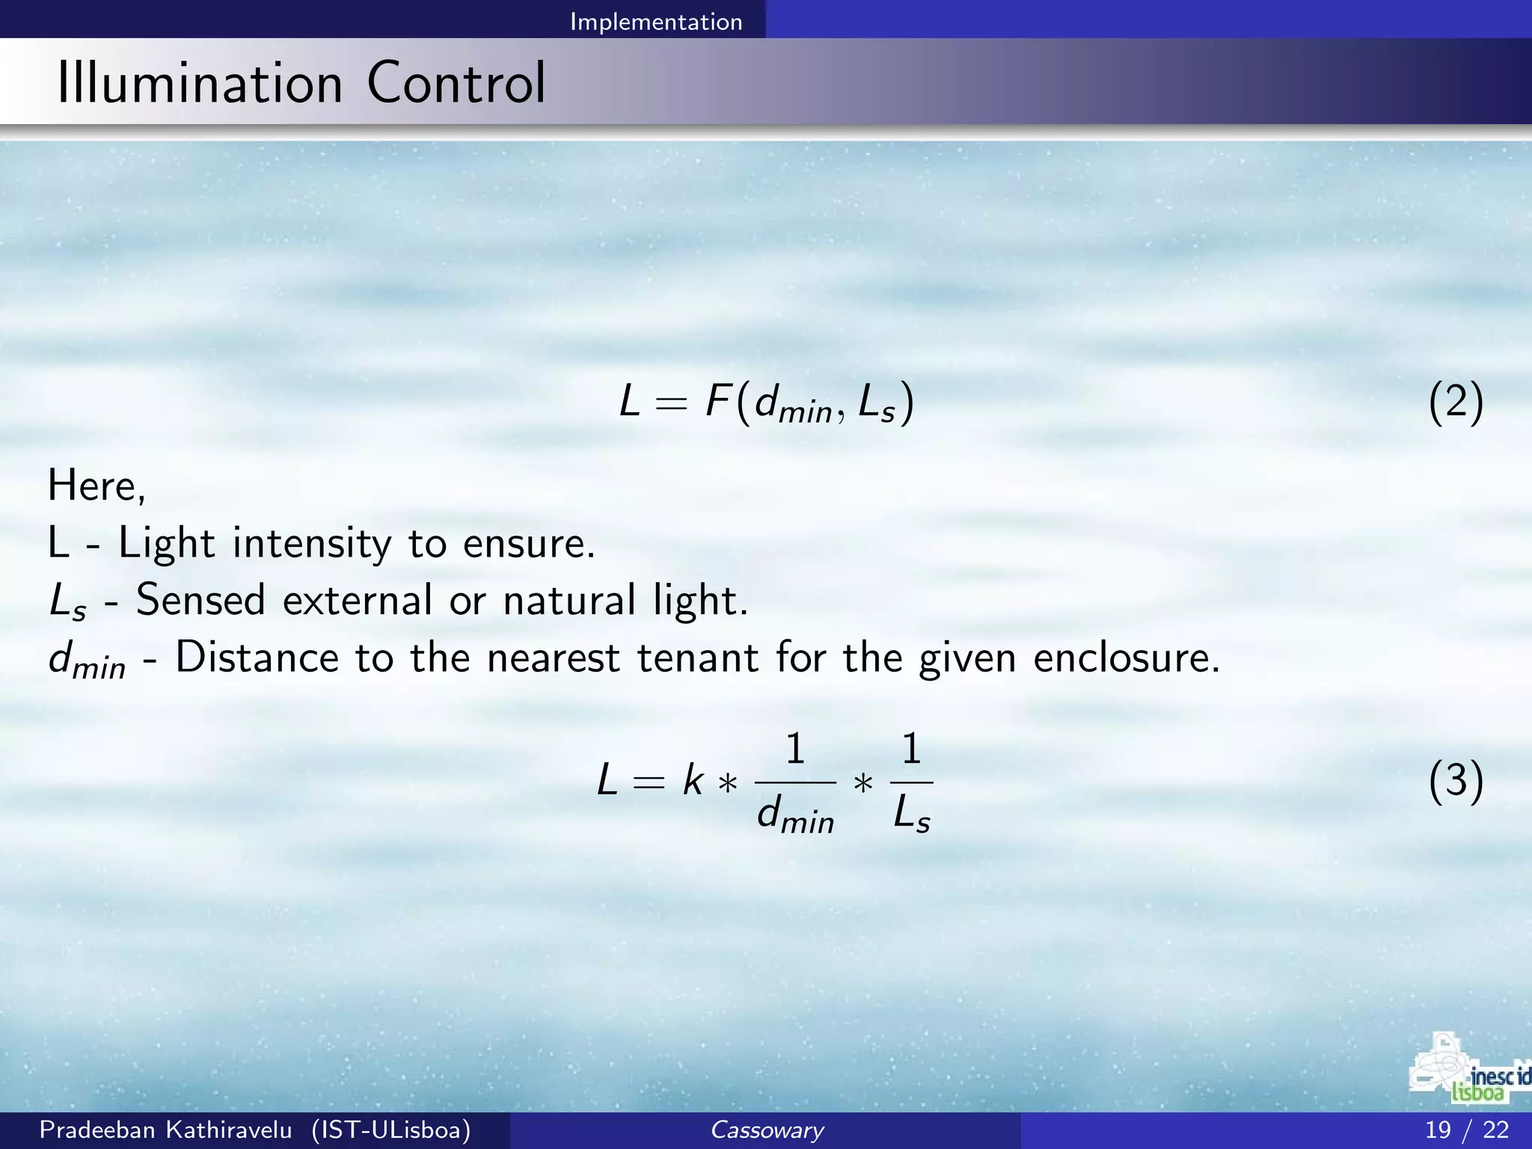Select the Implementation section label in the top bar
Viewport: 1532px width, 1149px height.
pyautogui.click(x=656, y=22)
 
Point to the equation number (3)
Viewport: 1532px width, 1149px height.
pyautogui.click(x=1455, y=782)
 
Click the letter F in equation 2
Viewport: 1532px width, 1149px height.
pyautogui.click(x=718, y=402)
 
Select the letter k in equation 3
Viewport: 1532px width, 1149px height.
pyautogui.click(x=693, y=782)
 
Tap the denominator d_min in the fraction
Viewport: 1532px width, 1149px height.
pyautogui.click(x=795, y=815)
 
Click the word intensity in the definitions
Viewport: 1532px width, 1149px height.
pyautogui.click(x=312, y=543)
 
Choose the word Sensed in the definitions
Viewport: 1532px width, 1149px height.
pyautogui.click(x=200, y=600)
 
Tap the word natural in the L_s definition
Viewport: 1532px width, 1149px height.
pyautogui.click(x=569, y=600)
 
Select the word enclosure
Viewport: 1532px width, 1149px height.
pyautogui.click(x=1126, y=658)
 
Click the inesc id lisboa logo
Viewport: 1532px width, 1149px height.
pyautogui.click(x=1471, y=1070)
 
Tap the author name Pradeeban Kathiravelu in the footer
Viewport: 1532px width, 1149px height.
pyautogui.click(x=165, y=1130)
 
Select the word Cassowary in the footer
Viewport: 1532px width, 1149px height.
pyautogui.click(x=766, y=1130)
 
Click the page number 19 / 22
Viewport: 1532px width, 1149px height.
pyautogui.click(x=1466, y=1130)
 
